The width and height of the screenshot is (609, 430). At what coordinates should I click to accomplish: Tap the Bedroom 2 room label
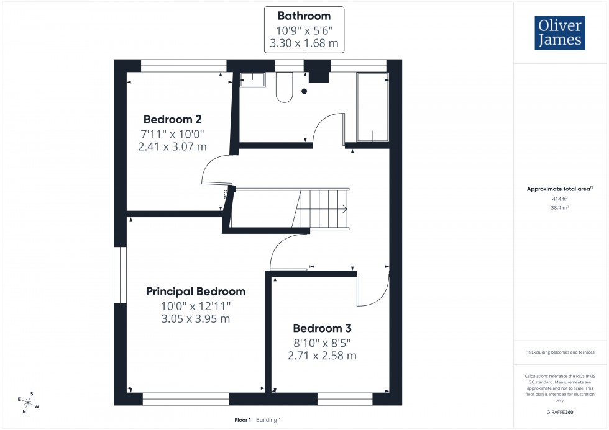(x=173, y=119)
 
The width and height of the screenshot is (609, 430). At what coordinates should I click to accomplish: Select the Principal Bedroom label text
(x=196, y=291)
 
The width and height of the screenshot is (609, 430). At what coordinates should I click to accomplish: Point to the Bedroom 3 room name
(x=326, y=328)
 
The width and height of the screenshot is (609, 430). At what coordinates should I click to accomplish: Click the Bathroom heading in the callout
(x=304, y=16)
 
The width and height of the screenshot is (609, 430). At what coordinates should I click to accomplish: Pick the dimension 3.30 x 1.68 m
(x=304, y=44)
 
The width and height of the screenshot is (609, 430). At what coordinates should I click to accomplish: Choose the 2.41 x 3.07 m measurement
(x=173, y=147)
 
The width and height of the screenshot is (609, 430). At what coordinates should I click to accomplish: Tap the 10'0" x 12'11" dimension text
(x=196, y=305)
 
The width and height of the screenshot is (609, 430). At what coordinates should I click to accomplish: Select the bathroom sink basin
(x=253, y=79)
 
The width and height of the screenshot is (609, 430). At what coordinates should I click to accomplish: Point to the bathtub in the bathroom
(x=373, y=107)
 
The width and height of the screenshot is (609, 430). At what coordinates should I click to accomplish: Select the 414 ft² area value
(x=561, y=199)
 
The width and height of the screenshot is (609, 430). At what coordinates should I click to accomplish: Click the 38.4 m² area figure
(x=561, y=208)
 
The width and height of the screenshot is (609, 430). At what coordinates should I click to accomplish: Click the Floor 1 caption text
(x=242, y=420)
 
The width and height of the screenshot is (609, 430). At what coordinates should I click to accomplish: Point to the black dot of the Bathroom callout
(x=304, y=92)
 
